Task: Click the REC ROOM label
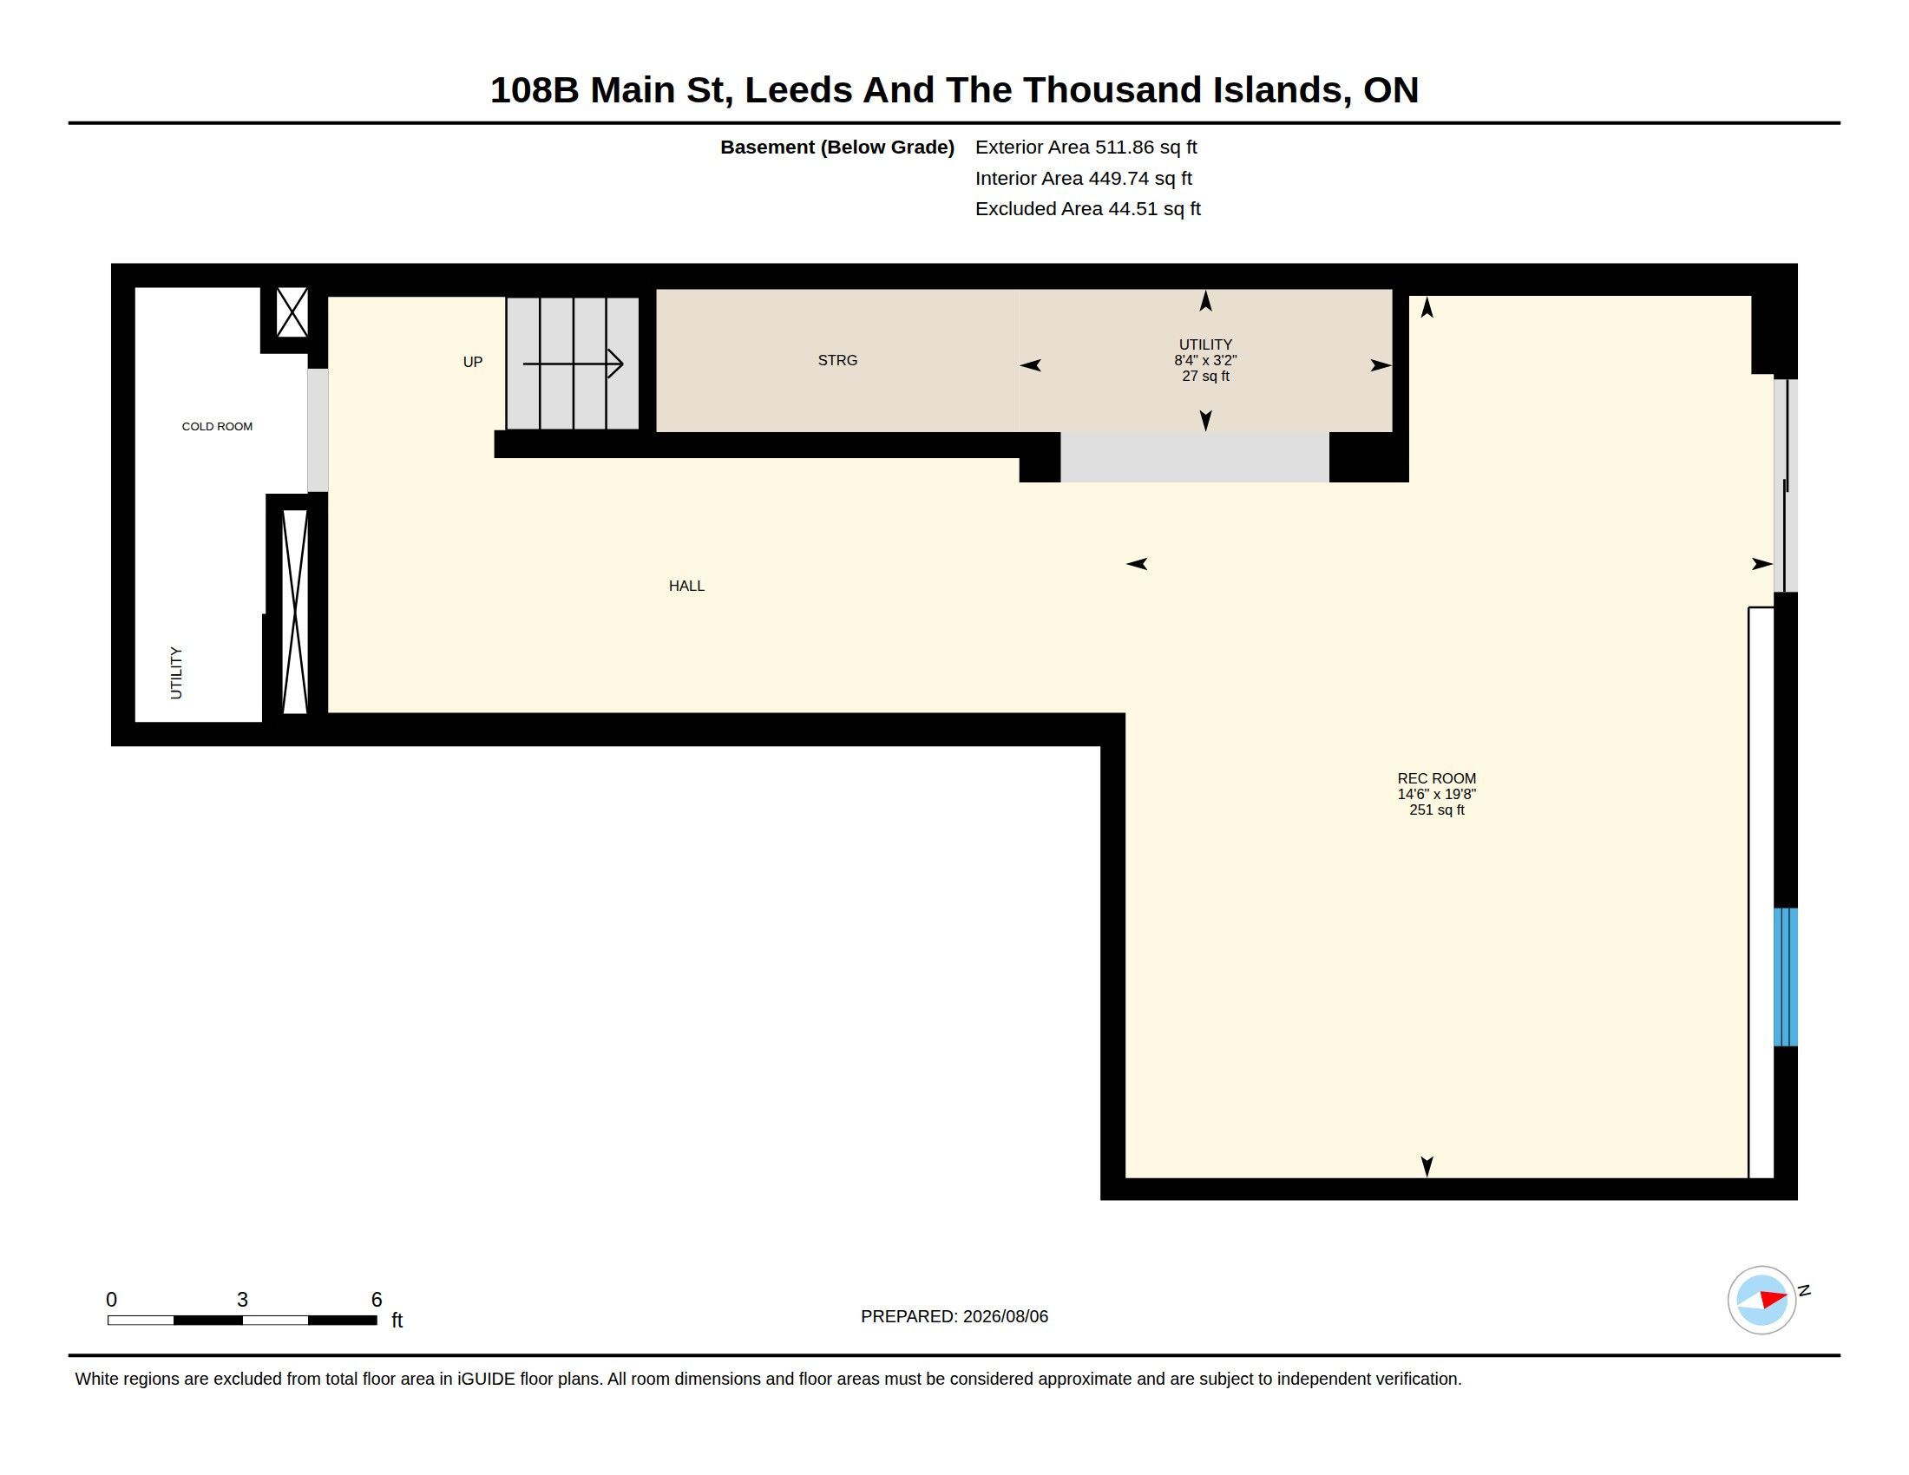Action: point(1436,778)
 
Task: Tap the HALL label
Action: point(686,587)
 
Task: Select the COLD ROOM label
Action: point(217,426)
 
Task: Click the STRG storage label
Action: point(837,360)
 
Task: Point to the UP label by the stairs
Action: point(473,362)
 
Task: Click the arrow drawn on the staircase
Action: point(573,364)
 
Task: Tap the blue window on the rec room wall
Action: point(1785,977)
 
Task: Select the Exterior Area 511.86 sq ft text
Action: point(1086,147)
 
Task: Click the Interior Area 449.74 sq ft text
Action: point(1083,178)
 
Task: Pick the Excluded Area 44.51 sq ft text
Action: point(1087,209)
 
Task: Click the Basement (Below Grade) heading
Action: point(836,147)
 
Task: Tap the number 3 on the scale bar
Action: point(242,1300)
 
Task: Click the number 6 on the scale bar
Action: point(377,1300)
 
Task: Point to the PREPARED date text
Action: point(954,1316)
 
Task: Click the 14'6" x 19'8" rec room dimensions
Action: point(1436,794)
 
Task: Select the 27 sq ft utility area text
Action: point(1205,377)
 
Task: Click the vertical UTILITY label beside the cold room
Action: point(176,672)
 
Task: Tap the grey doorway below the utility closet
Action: point(1195,457)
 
